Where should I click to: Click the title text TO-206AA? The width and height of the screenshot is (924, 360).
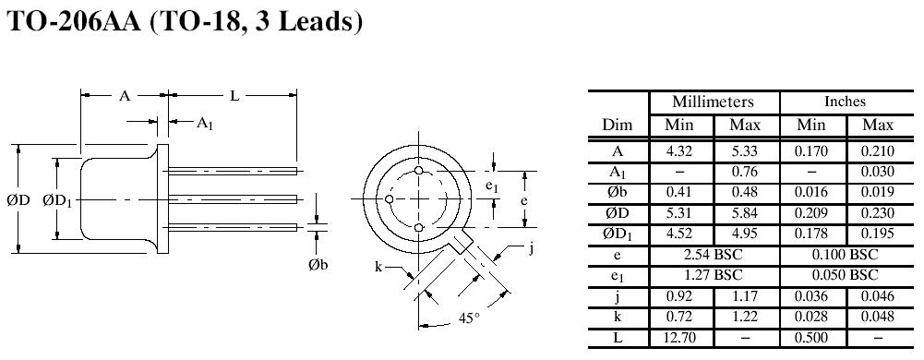(74, 22)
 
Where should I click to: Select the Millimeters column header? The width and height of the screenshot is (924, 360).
(713, 102)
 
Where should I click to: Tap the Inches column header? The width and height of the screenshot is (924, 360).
(845, 102)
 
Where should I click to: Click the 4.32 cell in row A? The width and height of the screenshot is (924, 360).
(679, 151)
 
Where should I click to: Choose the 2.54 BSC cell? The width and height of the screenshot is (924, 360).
(713, 255)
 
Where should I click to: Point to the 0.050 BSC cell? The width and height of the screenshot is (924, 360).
(845, 275)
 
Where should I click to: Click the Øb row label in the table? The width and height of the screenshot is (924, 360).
(617, 193)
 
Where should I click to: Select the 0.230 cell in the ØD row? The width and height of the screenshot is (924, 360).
(878, 213)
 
